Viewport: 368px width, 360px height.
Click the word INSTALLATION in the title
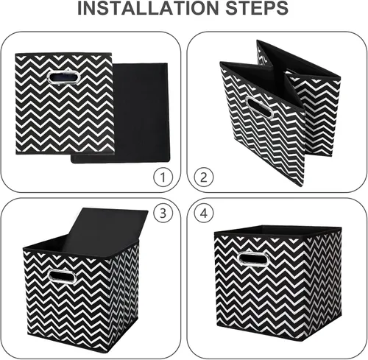[x=148, y=8]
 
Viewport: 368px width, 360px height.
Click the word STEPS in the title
[x=257, y=8]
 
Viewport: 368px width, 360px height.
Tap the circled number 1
[x=163, y=177]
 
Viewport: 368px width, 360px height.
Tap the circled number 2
[x=204, y=177]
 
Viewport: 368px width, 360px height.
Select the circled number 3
[x=163, y=213]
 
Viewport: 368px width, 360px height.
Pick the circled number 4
[x=204, y=213]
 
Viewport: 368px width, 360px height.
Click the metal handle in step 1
[x=63, y=77]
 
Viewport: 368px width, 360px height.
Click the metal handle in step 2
[x=259, y=107]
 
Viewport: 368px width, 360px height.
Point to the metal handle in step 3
[x=62, y=276]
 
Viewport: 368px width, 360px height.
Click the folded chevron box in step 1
[x=65, y=104]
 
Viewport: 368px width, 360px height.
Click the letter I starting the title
[x=79, y=8]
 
